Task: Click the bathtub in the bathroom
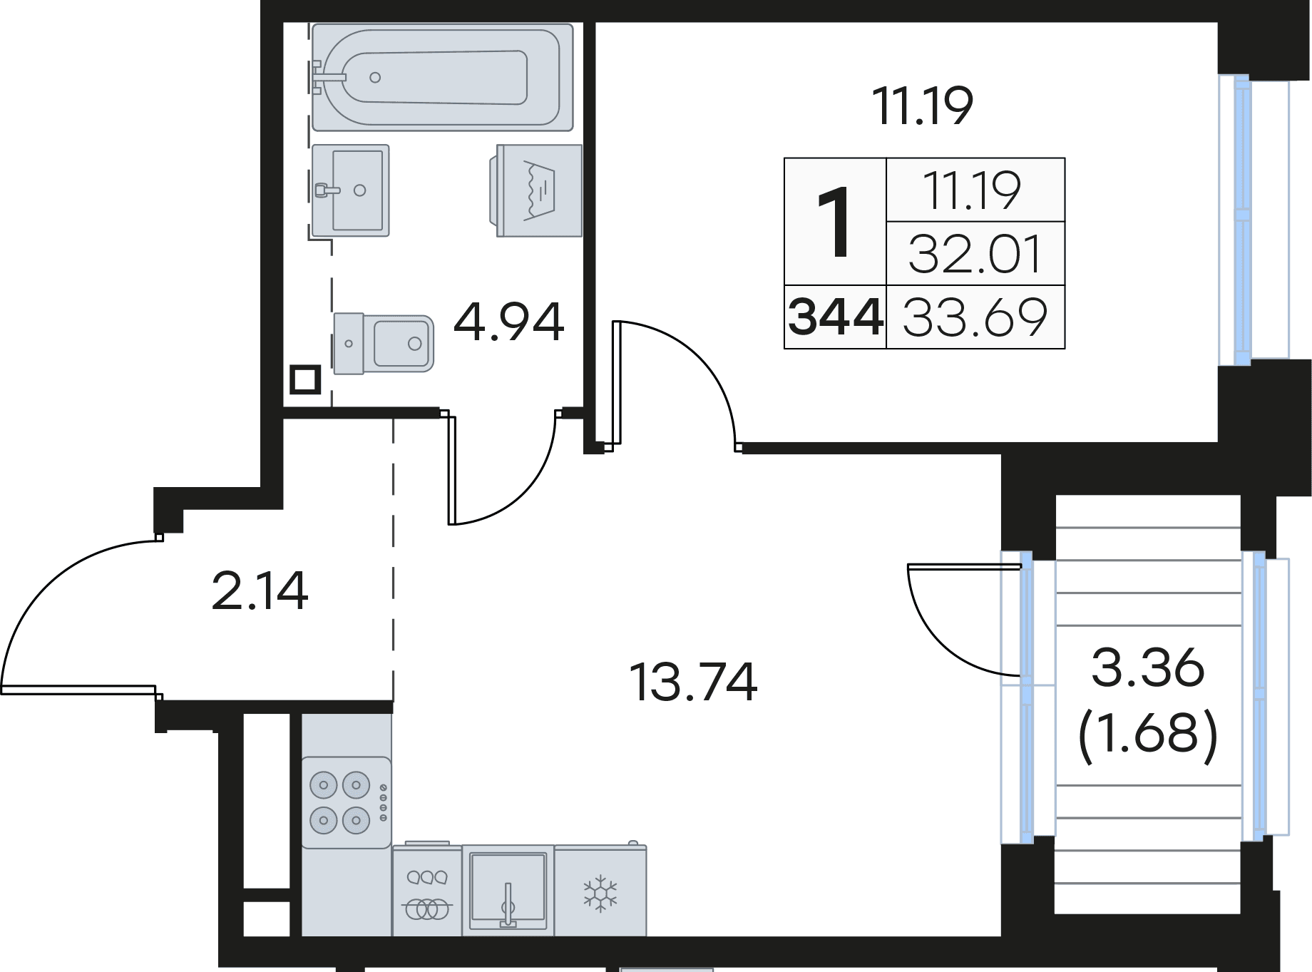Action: [x=442, y=77]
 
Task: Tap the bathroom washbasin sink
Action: [x=350, y=190]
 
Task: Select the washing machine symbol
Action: [x=536, y=190]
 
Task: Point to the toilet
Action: [x=384, y=344]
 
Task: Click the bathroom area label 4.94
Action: [x=508, y=322]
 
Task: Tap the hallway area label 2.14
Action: [x=260, y=590]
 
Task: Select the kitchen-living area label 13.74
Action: [x=693, y=682]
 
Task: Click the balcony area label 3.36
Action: [x=1147, y=669]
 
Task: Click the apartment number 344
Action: [x=835, y=317]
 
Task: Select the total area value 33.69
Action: [x=975, y=317]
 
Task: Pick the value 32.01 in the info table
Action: [x=975, y=254]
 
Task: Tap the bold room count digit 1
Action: [x=834, y=222]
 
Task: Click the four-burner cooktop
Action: [x=346, y=803]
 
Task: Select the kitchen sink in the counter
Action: [x=508, y=891]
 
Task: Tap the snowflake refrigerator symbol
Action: [x=600, y=893]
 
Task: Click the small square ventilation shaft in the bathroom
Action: [x=305, y=379]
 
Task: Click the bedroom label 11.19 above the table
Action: [x=923, y=106]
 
